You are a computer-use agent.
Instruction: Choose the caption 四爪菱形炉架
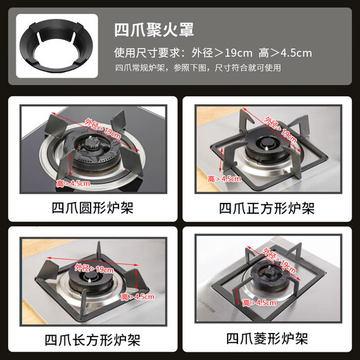267,341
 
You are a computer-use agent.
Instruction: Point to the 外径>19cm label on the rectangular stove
93,269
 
